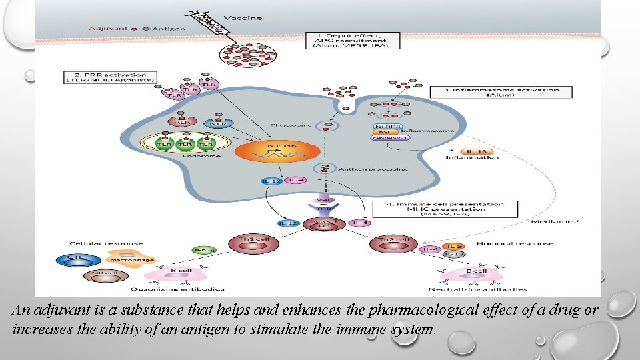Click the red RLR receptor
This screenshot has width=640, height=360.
[181, 123]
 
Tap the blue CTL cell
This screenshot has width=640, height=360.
[78, 257]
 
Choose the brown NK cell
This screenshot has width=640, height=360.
[100, 275]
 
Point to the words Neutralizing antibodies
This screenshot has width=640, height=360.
[477, 289]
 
